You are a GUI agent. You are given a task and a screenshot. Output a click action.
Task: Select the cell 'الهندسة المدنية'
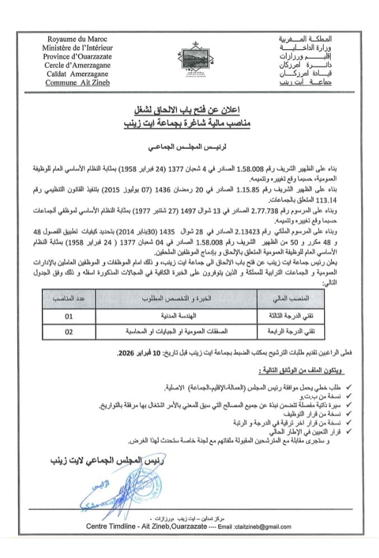point(170,316)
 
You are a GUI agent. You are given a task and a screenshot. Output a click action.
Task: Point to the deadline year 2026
point(127,355)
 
